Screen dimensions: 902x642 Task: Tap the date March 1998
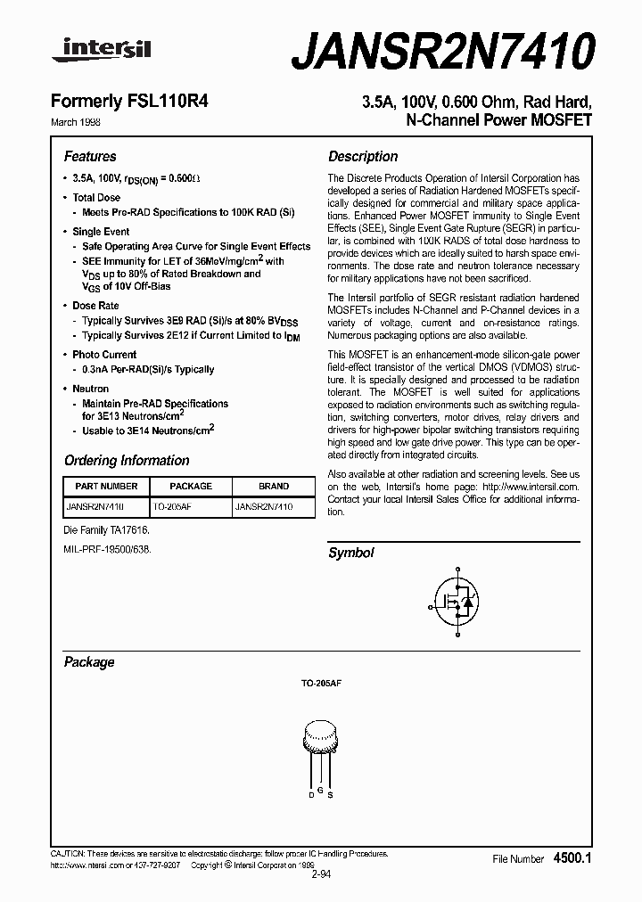click(87, 120)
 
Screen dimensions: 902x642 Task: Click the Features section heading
click(90, 156)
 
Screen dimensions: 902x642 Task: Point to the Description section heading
click(363, 156)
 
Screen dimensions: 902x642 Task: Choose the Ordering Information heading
click(127, 461)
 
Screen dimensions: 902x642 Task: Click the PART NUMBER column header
click(106, 487)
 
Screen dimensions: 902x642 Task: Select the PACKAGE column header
click(190, 487)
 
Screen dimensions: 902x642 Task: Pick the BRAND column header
click(274, 487)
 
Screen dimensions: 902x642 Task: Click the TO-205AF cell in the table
click(172, 506)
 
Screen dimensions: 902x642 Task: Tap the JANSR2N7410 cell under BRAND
click(263, 506)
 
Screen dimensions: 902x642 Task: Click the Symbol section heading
click(351, 553)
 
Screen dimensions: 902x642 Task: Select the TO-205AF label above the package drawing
click(321, 682)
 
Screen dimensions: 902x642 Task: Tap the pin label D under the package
click(311, 793)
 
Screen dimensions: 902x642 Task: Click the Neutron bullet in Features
click(90, 389)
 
